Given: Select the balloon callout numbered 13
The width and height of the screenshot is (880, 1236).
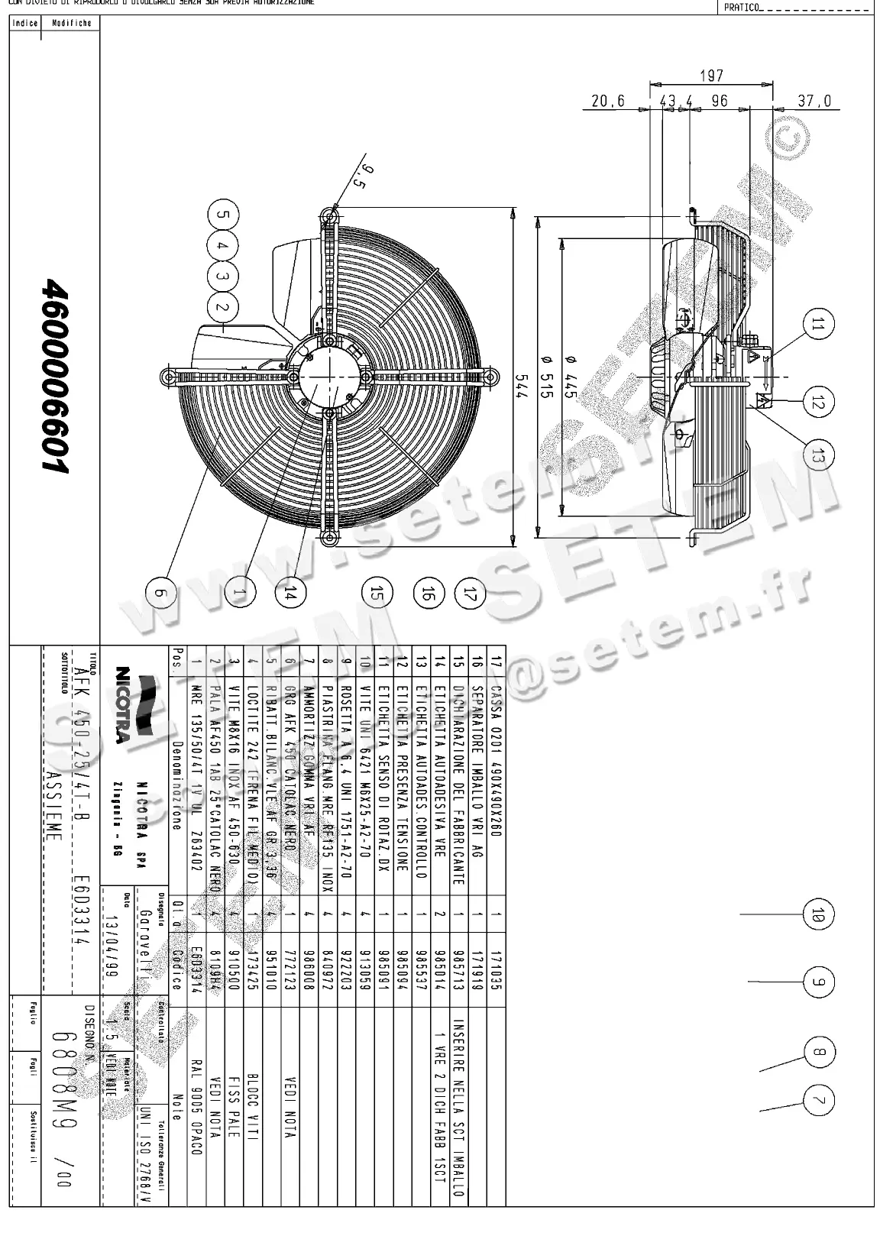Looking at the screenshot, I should [818, 455].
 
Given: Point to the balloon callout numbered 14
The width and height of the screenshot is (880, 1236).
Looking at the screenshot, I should [291, 592].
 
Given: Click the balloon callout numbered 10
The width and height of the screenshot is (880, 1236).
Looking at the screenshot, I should [818, 914].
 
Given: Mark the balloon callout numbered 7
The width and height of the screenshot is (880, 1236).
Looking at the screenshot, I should [818, 1101].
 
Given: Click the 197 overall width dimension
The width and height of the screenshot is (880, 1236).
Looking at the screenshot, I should [710, 76].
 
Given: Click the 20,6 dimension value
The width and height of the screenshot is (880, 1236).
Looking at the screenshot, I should [608, 101].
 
